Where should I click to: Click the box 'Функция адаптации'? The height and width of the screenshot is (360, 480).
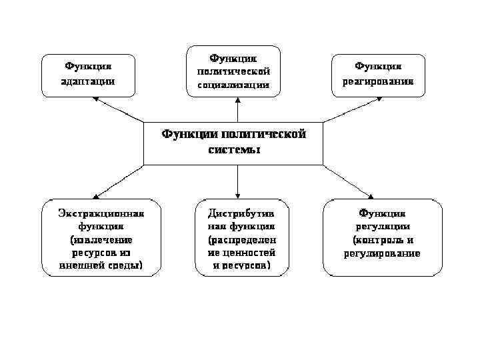88,75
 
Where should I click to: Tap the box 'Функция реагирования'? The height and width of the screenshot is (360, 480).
378,75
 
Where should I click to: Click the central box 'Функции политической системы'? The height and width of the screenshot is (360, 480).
233,143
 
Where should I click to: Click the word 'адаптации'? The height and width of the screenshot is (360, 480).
88,81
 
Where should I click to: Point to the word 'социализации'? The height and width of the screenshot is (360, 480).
233,85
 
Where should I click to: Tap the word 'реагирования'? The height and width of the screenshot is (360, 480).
378,82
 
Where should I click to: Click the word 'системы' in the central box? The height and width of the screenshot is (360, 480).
233,150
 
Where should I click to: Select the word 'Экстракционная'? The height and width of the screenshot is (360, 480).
101,213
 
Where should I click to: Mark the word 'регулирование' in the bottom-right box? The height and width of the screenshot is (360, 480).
382,253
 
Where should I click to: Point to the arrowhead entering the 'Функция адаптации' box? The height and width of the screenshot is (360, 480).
95,99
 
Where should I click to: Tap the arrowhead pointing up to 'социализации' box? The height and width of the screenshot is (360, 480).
237,99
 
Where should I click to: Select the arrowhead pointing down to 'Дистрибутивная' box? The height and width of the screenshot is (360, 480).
237,194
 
